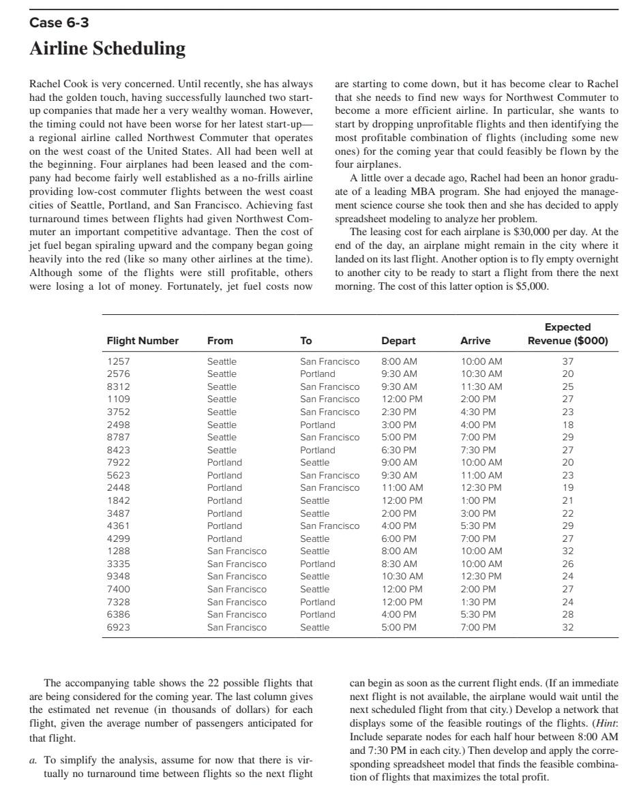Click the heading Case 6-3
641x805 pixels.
click(x=59, y=23)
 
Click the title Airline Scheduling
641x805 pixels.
click(x=107, y=49)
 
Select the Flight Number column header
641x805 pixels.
click(x=143, y=341)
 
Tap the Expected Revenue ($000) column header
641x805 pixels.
click(x=567, y=334)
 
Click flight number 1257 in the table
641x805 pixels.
click(x=118, y=361)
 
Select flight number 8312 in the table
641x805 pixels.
click(x=118, y=386)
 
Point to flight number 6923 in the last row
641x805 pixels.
click(x=118, y=627)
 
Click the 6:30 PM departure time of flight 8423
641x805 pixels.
click(x=399, y=450)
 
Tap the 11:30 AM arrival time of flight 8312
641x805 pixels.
click(x=481, y=386)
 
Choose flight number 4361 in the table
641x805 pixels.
click(x=118, y=526)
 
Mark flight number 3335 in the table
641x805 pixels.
click(x=118, y=564)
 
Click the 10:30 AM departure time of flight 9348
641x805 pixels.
click(x=402, y=576)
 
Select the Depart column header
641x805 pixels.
click(x=398, y=341)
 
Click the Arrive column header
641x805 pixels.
click(x=475, y=341)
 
